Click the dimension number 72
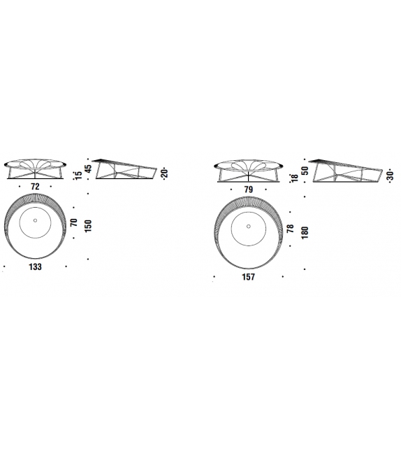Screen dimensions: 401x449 (x=35, y=187)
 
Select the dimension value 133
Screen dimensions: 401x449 (x=35, y=267)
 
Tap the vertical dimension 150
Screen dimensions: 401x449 (x=88, y=226)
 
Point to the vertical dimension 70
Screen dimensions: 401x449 (x=74, y=222)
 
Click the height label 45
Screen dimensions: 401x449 (x=89, y=169)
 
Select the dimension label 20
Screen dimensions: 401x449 (x=165, y=174)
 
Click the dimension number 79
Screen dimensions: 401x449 (x=249, y=190)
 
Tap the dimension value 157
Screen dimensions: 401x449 (x=248, y=277)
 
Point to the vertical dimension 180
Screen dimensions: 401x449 (x=305, y=232)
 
